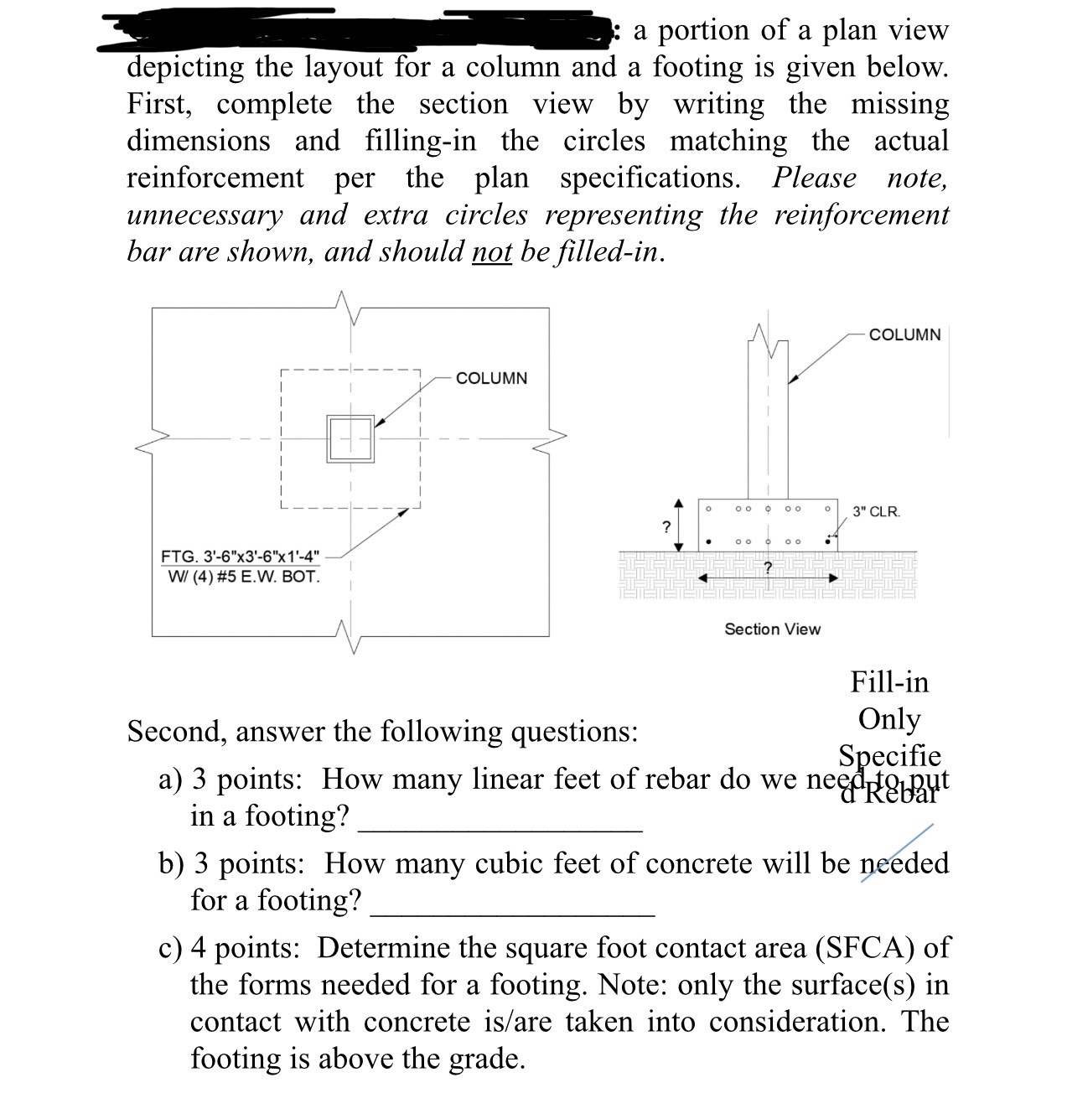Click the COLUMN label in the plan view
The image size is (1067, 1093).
pos(491,378)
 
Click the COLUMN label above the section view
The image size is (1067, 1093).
pos(904,334)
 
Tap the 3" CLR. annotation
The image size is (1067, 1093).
pos(876,511)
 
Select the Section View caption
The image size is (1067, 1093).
pos(772,629)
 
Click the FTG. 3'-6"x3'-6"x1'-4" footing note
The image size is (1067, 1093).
pos(240,557)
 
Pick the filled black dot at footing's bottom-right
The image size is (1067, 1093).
pos(829,541)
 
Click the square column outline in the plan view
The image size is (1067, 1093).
pos(350,438)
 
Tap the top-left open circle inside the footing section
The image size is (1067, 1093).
pos(708,507)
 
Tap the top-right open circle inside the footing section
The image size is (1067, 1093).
pos(827,507)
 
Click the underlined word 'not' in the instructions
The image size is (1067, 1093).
pos(491,251)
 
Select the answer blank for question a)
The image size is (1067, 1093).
pos(500,828)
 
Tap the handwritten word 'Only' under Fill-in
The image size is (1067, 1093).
pos(888,719)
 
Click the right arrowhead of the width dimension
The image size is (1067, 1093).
pos(832,578)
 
